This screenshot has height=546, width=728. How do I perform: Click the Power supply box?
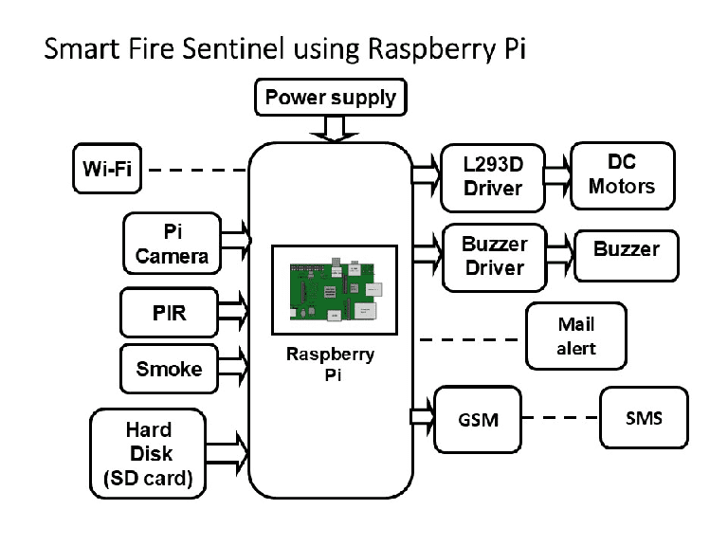point(330,97)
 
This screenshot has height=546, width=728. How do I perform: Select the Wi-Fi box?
point(105,171)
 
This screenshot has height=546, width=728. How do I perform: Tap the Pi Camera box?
point(172,244)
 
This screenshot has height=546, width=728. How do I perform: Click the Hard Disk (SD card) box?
point(149,453)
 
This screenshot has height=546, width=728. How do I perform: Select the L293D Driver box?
point(493,175)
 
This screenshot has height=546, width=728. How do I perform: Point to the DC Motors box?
point(621,175)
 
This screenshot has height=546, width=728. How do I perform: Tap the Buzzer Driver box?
point(493,256)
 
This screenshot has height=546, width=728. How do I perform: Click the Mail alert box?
point(576,337)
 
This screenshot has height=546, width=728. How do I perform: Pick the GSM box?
point(478,418)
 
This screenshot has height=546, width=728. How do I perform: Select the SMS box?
point(644,417)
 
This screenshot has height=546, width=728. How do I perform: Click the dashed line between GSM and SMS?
point(560,418)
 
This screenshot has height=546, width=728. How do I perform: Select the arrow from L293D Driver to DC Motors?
point(557,175)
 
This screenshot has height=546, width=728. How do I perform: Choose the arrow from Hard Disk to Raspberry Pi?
point(227,444)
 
